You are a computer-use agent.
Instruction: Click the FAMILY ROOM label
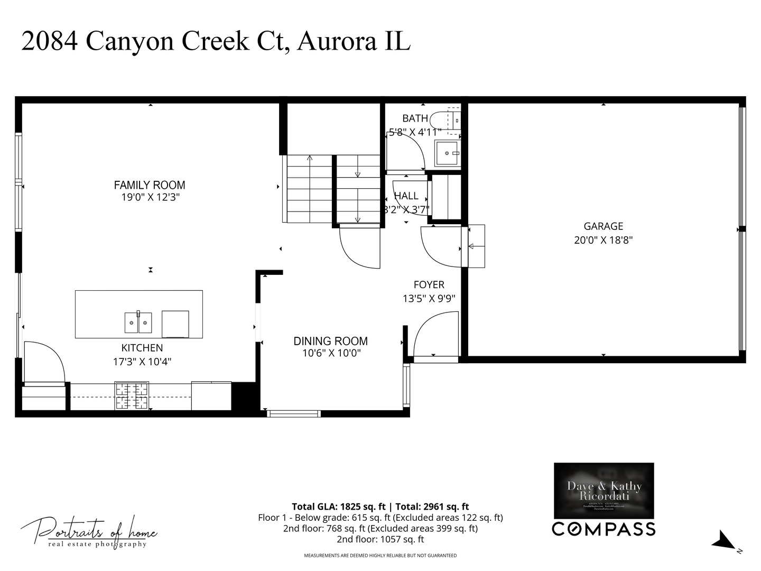(x=150, y=185)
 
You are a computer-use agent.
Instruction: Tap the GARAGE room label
(x=603, y=226)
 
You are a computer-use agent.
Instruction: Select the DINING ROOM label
(x=331, y=341)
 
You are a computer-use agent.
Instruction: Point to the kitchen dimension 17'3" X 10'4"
(x=142, y=362)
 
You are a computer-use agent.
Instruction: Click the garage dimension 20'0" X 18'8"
(x=603, y=240)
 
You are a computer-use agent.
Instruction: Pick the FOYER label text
(x=429, y=285)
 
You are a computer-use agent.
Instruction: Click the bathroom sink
(x=447, y=153)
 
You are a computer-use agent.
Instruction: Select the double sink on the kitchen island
(x=138, y=323)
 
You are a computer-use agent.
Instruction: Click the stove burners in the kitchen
(x=132, y=395)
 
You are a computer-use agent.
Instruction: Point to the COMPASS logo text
(x=604, y=529)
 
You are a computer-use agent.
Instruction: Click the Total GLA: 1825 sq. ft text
(x=338, y=506)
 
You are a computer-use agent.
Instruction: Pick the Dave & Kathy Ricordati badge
(x=604, y=491)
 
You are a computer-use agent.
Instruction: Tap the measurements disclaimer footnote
(x=380, y=556)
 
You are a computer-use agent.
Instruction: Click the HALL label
(x=406, y=196)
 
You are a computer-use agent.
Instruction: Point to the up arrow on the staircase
(x=310, y=158)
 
